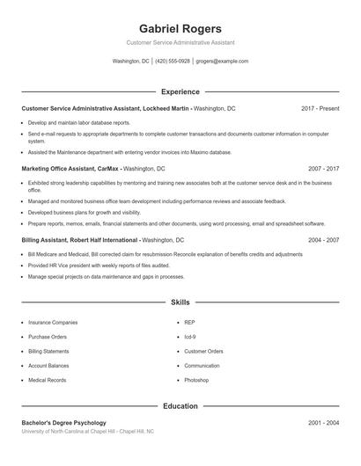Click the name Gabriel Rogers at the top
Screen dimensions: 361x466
pyautogui.click(x=180, y=28)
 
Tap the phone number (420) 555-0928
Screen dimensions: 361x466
pyautogui.click(x=173, y=62)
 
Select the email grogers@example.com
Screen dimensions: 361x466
pyautogui.click(x=222, y=62)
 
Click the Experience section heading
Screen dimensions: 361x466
pyautogui.click(x=180, y=91)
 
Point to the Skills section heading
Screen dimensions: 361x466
pyautogui.click(x=180, y=302)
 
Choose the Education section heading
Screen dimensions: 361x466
pyautogui.click(x=180, y=406)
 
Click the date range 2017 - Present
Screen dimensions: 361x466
pyautogui.click(x=320, y=108)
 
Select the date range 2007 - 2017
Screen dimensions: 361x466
pyautogui.click(x=323, y=168)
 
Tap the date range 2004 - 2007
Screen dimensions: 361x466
pyautogui.click(x=323, y=239)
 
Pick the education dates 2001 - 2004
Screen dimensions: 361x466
pyautogui.click(x=323, y=423)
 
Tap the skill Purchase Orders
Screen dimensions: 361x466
pyautogui.click(x=48, y=337)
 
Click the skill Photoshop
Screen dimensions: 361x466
pyautogui.click(x=196, y=380)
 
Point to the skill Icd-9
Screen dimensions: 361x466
pyautogui.click(x=190, y=337)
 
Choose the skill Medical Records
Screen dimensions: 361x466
pyautogui.click(x=47, y=380)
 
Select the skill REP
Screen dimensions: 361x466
pyautogui.click(x=189, y=323)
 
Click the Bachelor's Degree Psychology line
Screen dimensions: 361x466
pyautogui.click(x=63, y=423)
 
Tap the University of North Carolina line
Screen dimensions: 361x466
pyautogui.click(x=87, y=432)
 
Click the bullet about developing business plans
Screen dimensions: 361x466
pyautogui.click(x=85, y=212)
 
